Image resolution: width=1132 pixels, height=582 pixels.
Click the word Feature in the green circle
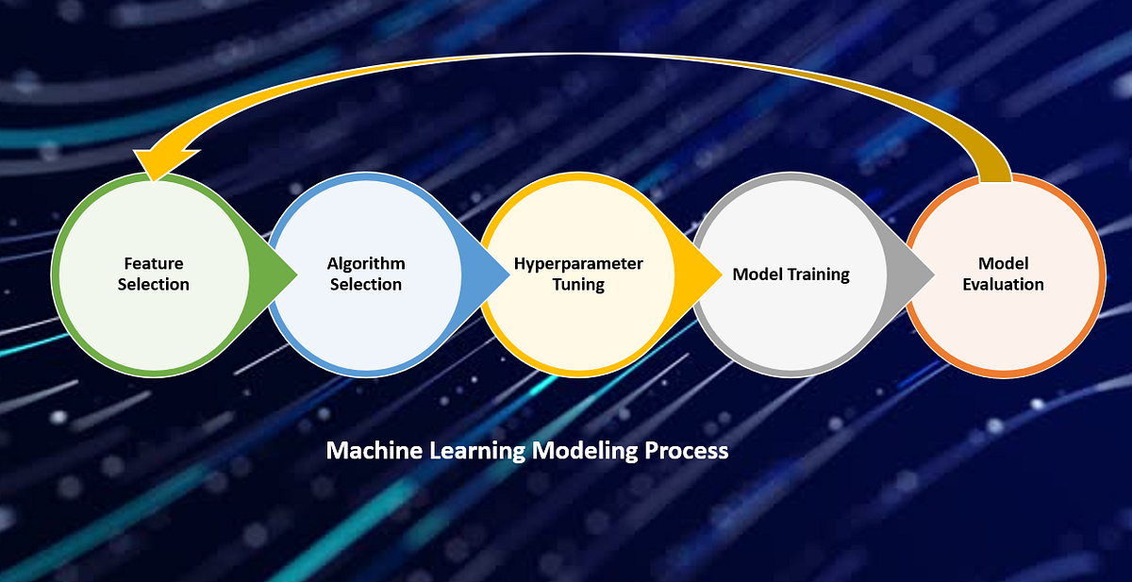[154, 263]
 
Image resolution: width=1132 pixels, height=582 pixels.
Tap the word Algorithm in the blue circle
[366, 263]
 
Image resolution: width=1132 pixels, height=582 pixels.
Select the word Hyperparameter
[578, 263]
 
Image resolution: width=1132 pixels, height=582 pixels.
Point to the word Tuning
[578, 284]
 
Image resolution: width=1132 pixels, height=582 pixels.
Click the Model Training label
[791, 274]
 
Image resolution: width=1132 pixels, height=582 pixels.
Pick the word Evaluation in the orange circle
[1003, 284]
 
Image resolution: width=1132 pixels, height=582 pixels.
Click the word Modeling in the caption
[586, 451]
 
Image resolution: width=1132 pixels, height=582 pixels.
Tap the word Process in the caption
[687, 451]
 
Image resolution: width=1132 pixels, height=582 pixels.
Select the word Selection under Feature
[154, 284]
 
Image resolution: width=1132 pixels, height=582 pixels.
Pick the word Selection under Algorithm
[366, 284]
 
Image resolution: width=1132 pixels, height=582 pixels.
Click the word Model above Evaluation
[1003, 263]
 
